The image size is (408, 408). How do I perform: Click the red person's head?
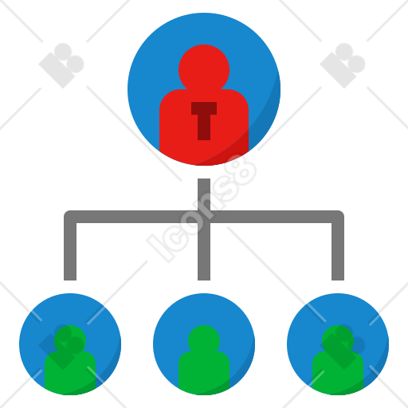tap(204, 69)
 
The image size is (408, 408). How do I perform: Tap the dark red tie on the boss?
tap(204, 121)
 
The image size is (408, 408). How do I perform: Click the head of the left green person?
tap(70, 340)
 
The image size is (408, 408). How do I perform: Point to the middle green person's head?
tap(204, 340)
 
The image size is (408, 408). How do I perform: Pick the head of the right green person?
tap(338, 340)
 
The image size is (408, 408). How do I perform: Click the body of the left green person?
tap(70, 373)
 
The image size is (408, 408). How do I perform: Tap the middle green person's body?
tap(204, 373)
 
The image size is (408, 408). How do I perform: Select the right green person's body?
tap(338, 373)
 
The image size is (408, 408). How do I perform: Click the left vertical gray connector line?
tap(70, 251)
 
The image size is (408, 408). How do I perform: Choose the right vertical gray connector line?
tap(338, 251)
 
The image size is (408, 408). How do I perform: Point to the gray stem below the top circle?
tap(204, 194)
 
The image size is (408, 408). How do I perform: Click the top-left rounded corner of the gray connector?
tap(69, 215)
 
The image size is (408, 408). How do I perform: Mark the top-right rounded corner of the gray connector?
tap(339, 215)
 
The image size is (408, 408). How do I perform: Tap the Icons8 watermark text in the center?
tap(202, 209)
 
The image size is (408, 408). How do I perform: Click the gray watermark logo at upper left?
tap(61, 66)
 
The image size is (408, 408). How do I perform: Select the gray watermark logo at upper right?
tap(343, 66)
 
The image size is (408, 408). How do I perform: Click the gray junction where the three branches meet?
tap(204, 217)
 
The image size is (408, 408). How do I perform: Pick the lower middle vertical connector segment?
tap(204, 252)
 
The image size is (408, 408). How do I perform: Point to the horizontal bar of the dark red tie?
tap(204, 108)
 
